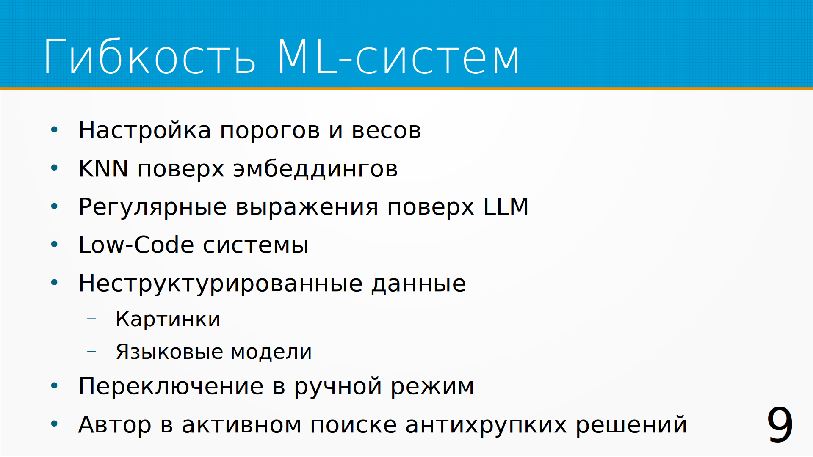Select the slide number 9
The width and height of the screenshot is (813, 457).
coord(780,425)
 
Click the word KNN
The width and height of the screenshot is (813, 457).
coord(103,168)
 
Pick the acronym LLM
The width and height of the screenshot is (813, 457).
coord(506,206)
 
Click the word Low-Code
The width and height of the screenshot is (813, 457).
coord(136,245)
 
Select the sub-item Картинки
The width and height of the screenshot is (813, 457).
coord(168,319)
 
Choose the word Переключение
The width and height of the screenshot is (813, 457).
coord(171,386)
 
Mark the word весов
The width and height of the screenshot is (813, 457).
coord(386,130)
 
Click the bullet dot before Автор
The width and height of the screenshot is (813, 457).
coord(54,424)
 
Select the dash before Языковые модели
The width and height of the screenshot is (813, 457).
coord(91,351)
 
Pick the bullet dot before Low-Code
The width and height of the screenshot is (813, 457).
coord(54,244)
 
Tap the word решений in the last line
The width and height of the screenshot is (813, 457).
coord(631,425)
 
